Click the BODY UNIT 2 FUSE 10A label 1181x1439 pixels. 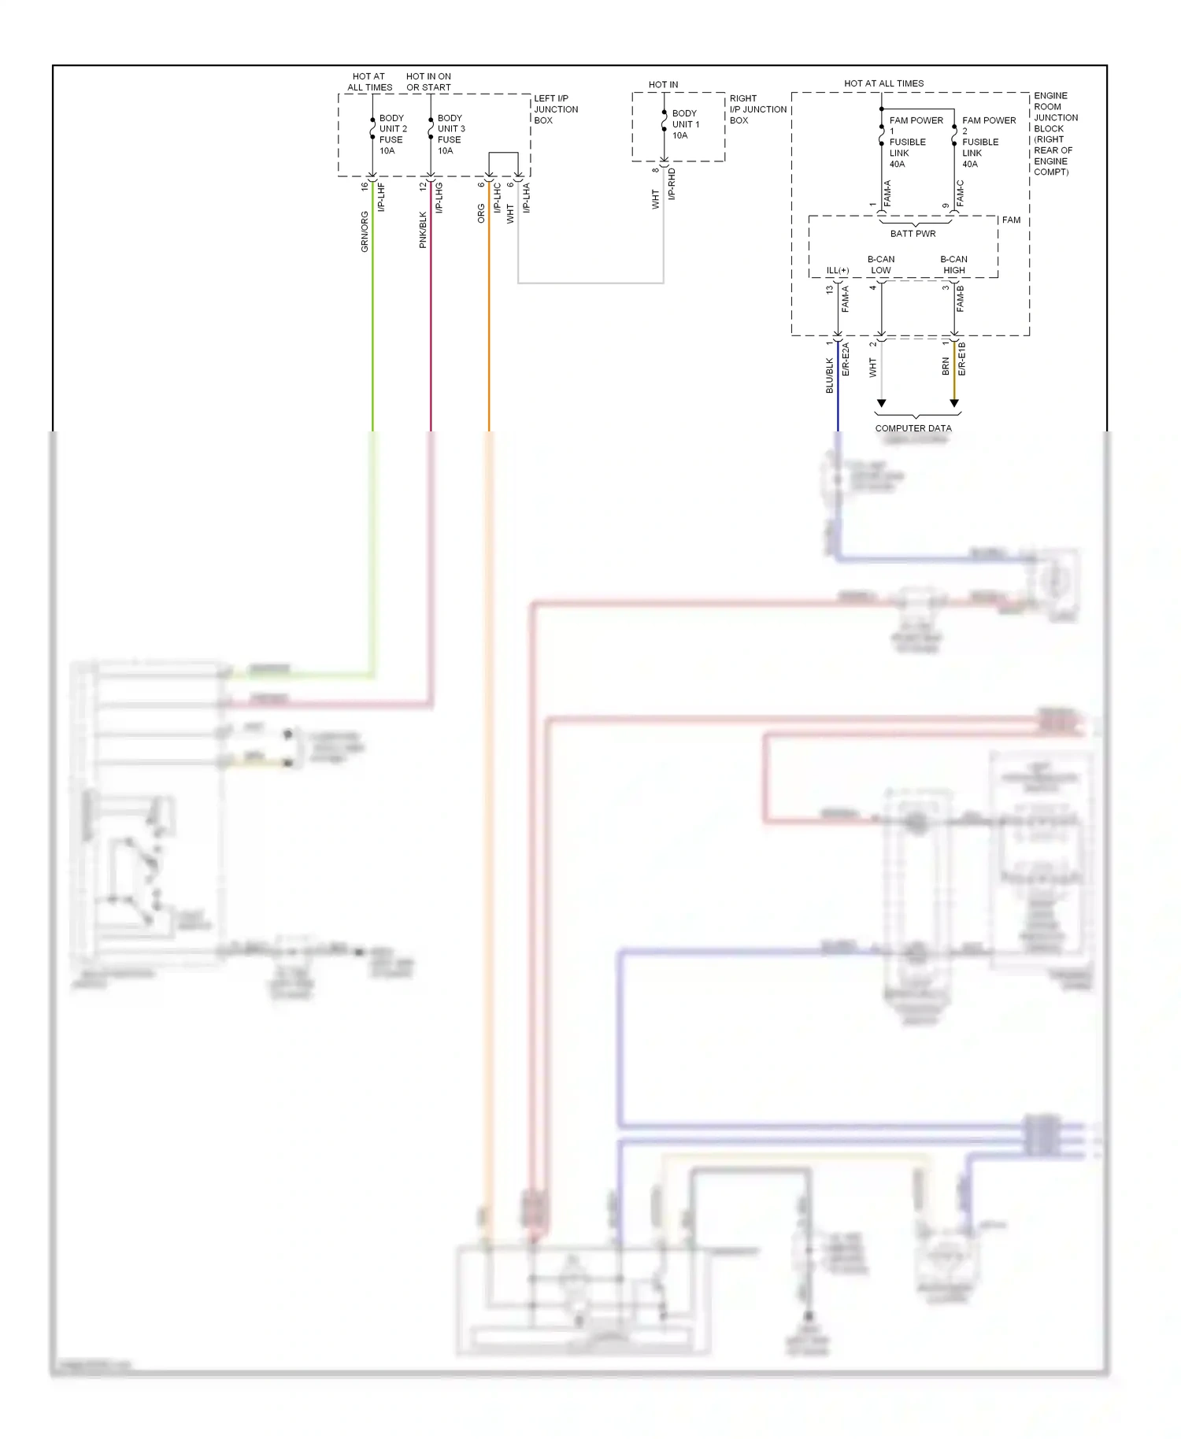click(x=392, y=135)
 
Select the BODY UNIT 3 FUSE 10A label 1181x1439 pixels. click(x=450, y=135)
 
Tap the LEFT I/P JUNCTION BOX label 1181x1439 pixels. click(x=555, y=109)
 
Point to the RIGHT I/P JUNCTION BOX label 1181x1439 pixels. click(x=757, y=109)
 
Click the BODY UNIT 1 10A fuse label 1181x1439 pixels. click(x=684, y=124)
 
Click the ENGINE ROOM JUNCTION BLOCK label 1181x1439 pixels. click(x=1054, y=134)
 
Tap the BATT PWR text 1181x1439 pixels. click(x=913, y=234)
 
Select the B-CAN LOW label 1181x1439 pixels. click(x=880, y=264)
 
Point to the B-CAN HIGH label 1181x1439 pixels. click(x=953, y=264)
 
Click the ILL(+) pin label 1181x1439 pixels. click(x=837, y=271)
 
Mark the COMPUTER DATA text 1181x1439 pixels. click(x=913, y=429)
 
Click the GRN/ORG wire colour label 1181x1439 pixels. click(x=365, y=231)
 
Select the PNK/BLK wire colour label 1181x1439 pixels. click(x=423, y=230)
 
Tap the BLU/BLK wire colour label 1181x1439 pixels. click(x=829, y=376)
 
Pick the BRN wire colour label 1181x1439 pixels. click(x=946, y=366)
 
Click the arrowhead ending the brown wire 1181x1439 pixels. click(x=954, y=403)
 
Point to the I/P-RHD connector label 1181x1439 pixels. click(x=672, y=184)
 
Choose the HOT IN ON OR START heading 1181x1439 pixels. click(x=428, y=82)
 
